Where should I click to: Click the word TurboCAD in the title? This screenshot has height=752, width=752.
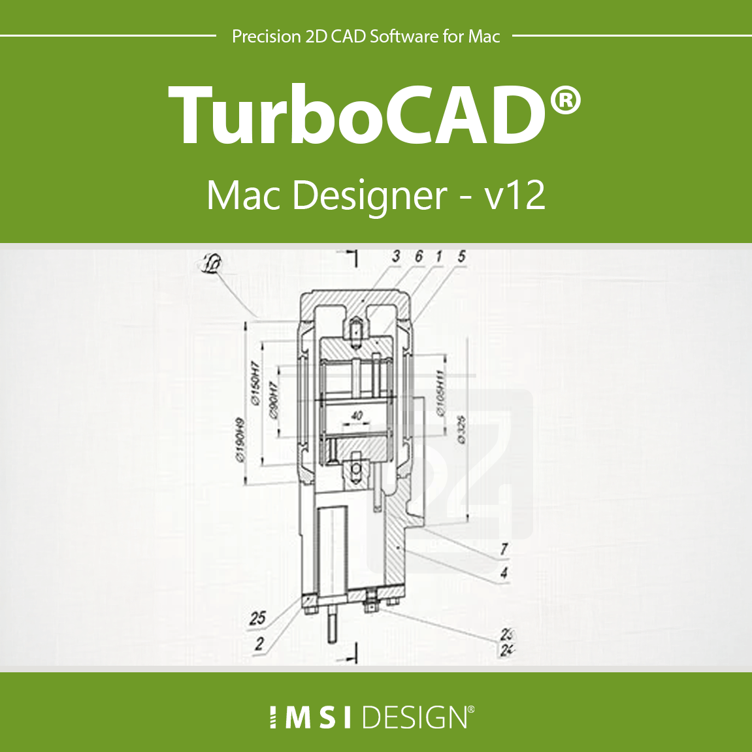pyautogui.click(x=356, y=116)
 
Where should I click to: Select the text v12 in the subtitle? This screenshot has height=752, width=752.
pyautogui.click(x=515, y=195)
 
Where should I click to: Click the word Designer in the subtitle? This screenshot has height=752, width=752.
pyautogui.click(x=370, y=196)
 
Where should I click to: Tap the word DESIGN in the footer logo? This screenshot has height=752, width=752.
pyautogui.click(x=415, y=717)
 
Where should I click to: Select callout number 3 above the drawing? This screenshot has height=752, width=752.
pyautogui.click(x=396, y=257)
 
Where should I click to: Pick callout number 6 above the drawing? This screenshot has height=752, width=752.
pyautogui.click(x=419, y=256)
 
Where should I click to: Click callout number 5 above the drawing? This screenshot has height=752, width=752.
pyautogui.click(x=461, y=256)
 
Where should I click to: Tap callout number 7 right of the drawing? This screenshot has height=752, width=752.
pyautogui.click(x=504, y=549)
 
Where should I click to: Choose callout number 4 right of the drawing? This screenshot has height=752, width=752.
pyautogui.click(x=504, y=573)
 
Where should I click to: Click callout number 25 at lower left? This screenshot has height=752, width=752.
pyautogui.click(x=258, y=618)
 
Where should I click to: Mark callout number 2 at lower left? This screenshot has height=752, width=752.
pyautogui.click(x=259, y=644)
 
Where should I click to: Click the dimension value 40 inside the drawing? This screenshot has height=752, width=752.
pyautogui.click(x=357, y=416)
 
